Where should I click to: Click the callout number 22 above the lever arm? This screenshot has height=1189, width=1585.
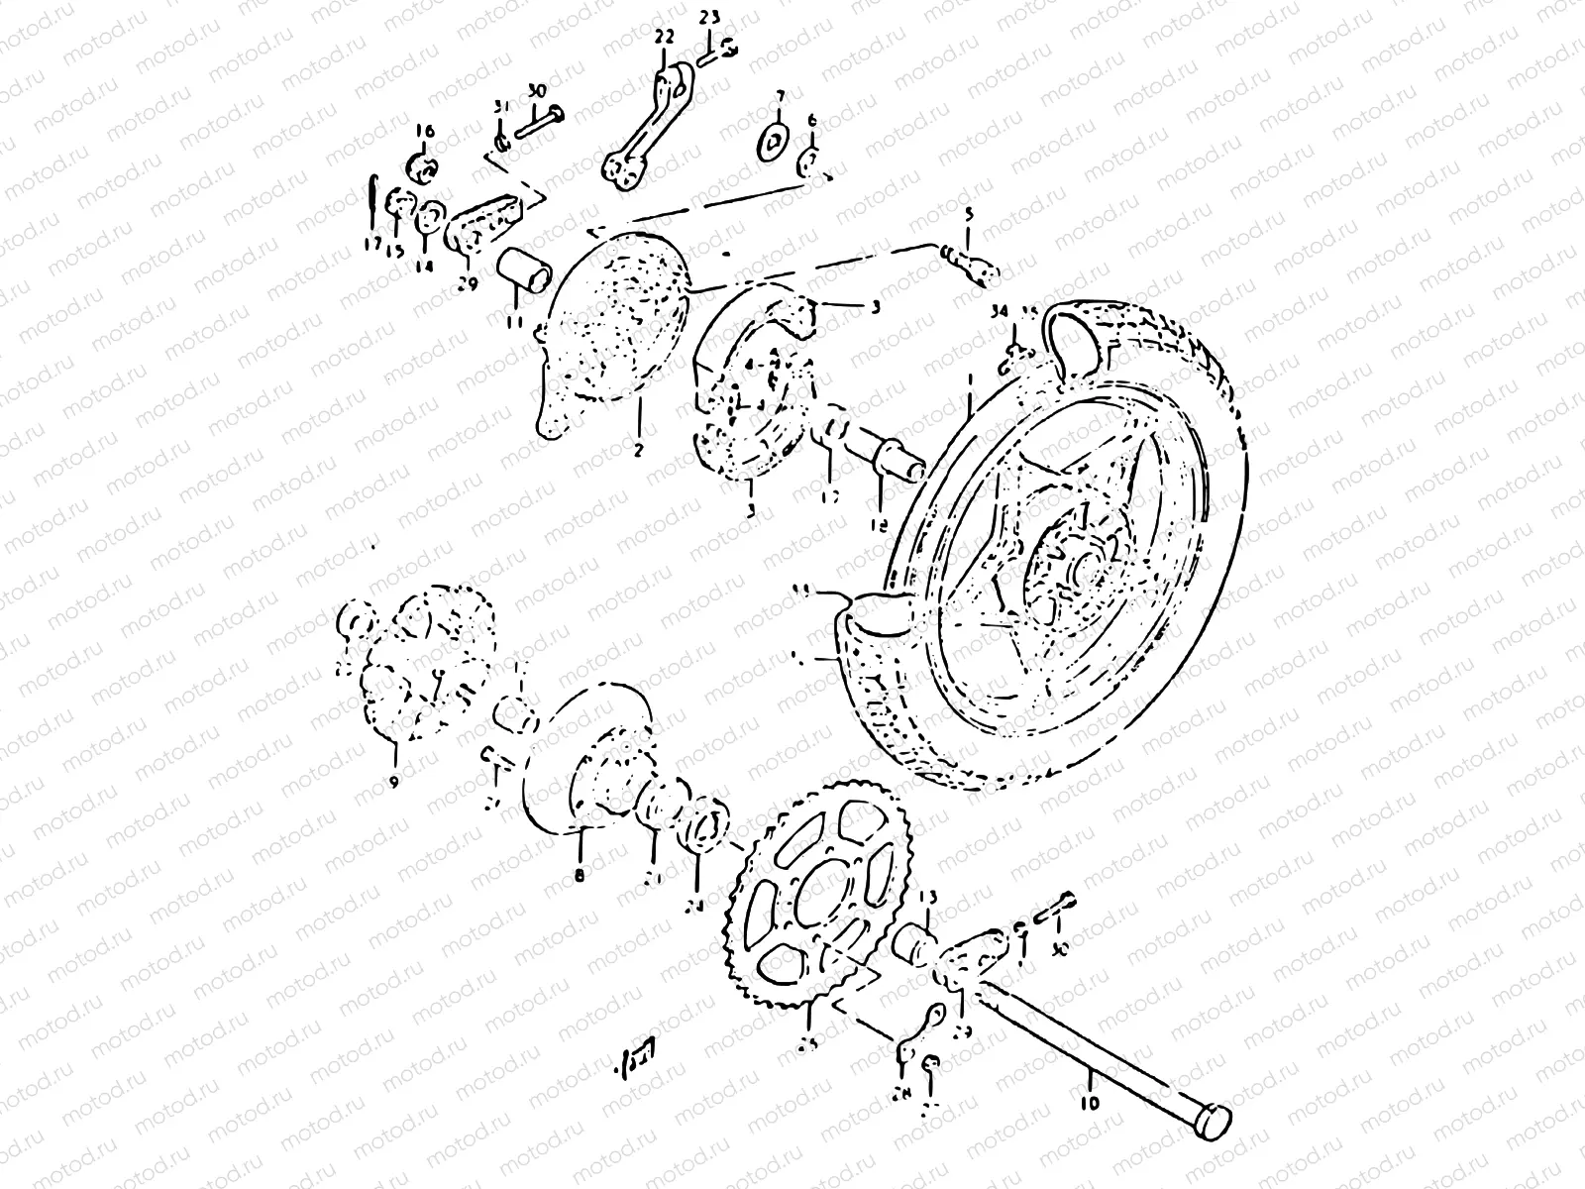click(664, 37)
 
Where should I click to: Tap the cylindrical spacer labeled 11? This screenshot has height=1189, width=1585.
click(526, 269)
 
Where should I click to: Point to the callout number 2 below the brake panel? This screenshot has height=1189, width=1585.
click(638, 449)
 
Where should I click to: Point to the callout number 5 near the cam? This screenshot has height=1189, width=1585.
click(970, 215)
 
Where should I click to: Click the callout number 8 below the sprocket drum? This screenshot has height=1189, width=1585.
click(579, 875)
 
